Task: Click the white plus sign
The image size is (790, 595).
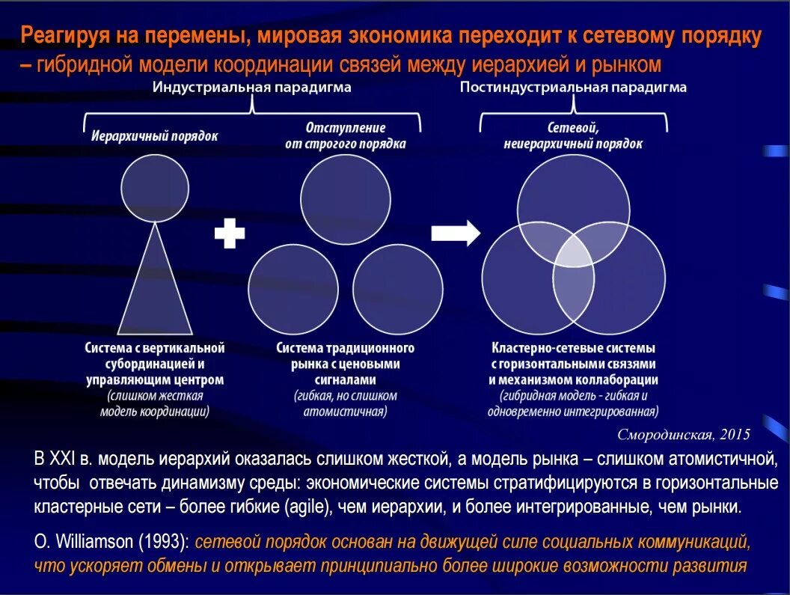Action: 230,234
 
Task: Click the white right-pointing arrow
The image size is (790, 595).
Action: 456,233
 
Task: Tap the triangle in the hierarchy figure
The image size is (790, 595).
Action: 155,284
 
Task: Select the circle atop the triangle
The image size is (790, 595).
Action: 155,187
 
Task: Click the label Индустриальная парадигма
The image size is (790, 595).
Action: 252,88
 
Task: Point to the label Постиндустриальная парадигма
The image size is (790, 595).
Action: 573,88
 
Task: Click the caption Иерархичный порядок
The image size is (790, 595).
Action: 155,137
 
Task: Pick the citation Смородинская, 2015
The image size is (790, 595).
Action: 683,435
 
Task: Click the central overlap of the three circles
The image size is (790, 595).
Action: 573,249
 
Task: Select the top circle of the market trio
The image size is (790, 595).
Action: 346,200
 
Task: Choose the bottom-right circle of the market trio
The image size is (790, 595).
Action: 398,292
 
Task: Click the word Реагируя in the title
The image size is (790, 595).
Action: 65,35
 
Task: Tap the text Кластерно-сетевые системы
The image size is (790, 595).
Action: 573,349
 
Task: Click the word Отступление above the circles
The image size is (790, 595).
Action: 346,128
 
